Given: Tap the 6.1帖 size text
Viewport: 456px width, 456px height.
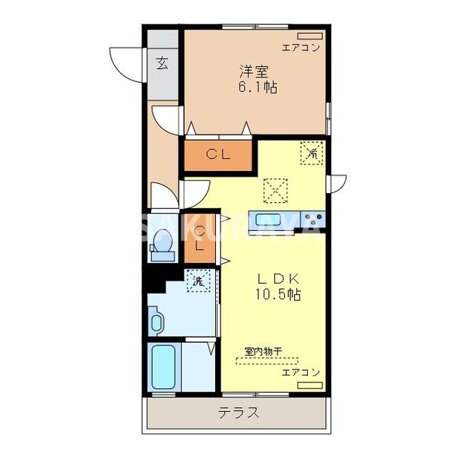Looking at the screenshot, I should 255,88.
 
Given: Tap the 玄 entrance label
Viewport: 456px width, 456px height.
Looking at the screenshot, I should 163,63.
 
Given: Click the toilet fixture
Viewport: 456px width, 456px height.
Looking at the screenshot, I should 160,245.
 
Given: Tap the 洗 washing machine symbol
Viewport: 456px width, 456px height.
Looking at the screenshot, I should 198,280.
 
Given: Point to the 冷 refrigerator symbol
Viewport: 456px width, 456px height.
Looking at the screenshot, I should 312,154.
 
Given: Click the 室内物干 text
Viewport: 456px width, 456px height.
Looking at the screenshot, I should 263,351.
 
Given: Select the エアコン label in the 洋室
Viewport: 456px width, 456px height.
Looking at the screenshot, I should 300,48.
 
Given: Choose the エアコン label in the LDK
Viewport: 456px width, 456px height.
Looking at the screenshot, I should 300,372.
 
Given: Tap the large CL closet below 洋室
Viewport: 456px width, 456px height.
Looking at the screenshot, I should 218,155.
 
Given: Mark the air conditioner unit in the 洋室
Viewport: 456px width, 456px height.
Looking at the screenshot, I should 309,36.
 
